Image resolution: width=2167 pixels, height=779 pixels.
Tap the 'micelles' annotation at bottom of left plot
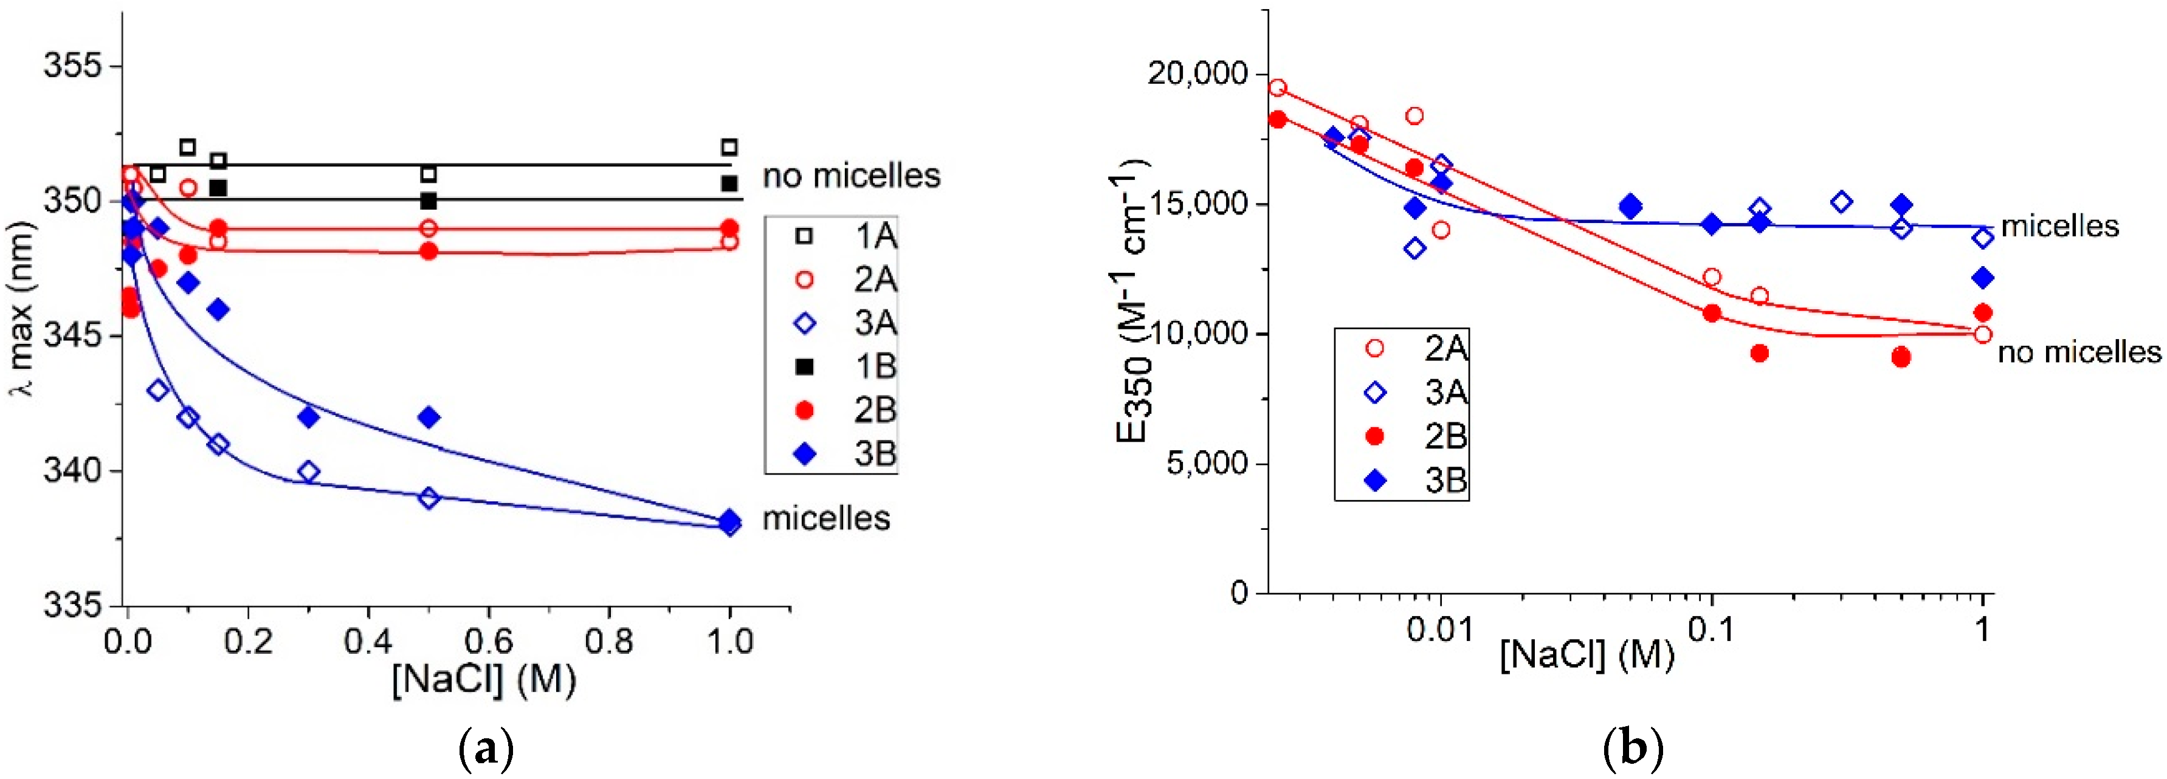825,518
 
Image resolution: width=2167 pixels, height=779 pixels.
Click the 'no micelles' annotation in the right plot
2079,352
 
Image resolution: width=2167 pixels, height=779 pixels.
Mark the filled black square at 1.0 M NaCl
729,182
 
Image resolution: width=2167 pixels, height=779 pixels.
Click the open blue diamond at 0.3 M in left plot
309,471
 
